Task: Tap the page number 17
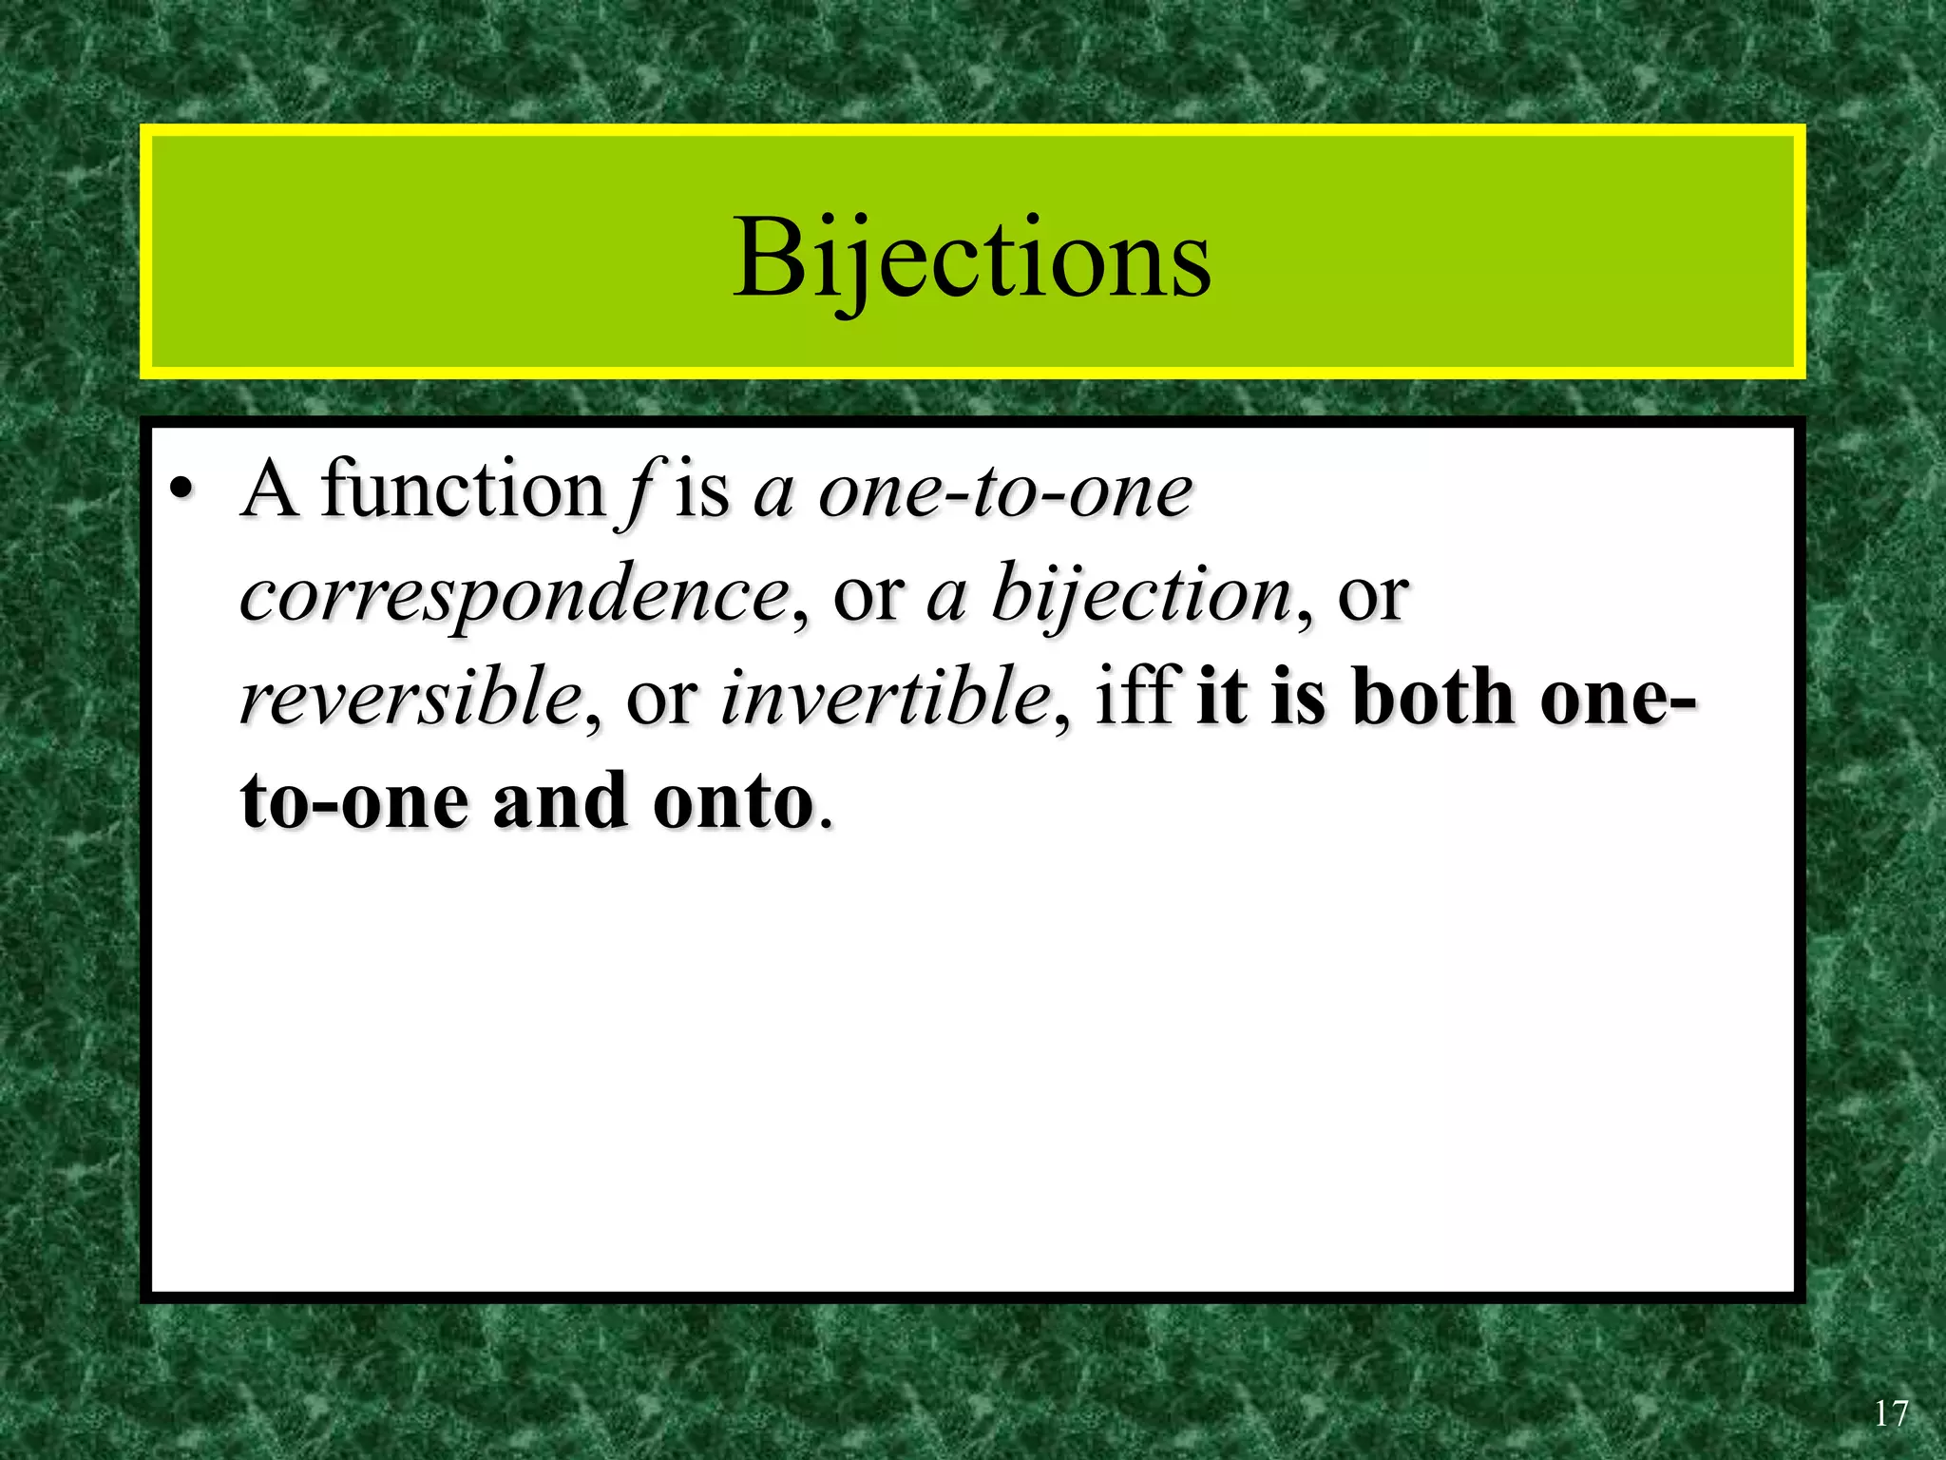(1890, 1414)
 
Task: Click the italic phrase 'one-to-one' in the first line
(1005, 492)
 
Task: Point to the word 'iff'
(1137, 697)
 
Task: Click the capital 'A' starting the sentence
(270, 490)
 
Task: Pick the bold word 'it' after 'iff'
(1221, 698)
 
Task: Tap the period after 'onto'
(825, 823)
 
